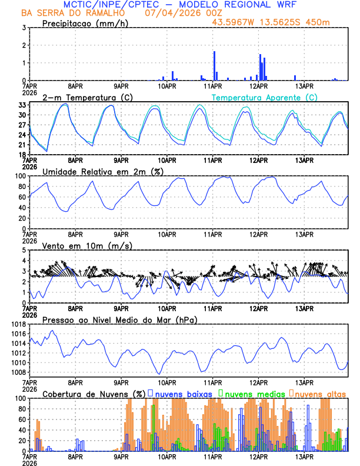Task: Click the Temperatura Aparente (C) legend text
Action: click(265, 97)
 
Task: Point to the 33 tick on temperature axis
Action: click(22, 105)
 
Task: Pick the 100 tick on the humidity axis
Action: click(20, 176)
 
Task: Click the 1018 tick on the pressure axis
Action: click(18, 324)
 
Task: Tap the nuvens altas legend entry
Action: click(319, 393)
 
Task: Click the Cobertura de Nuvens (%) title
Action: click(94, 393)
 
